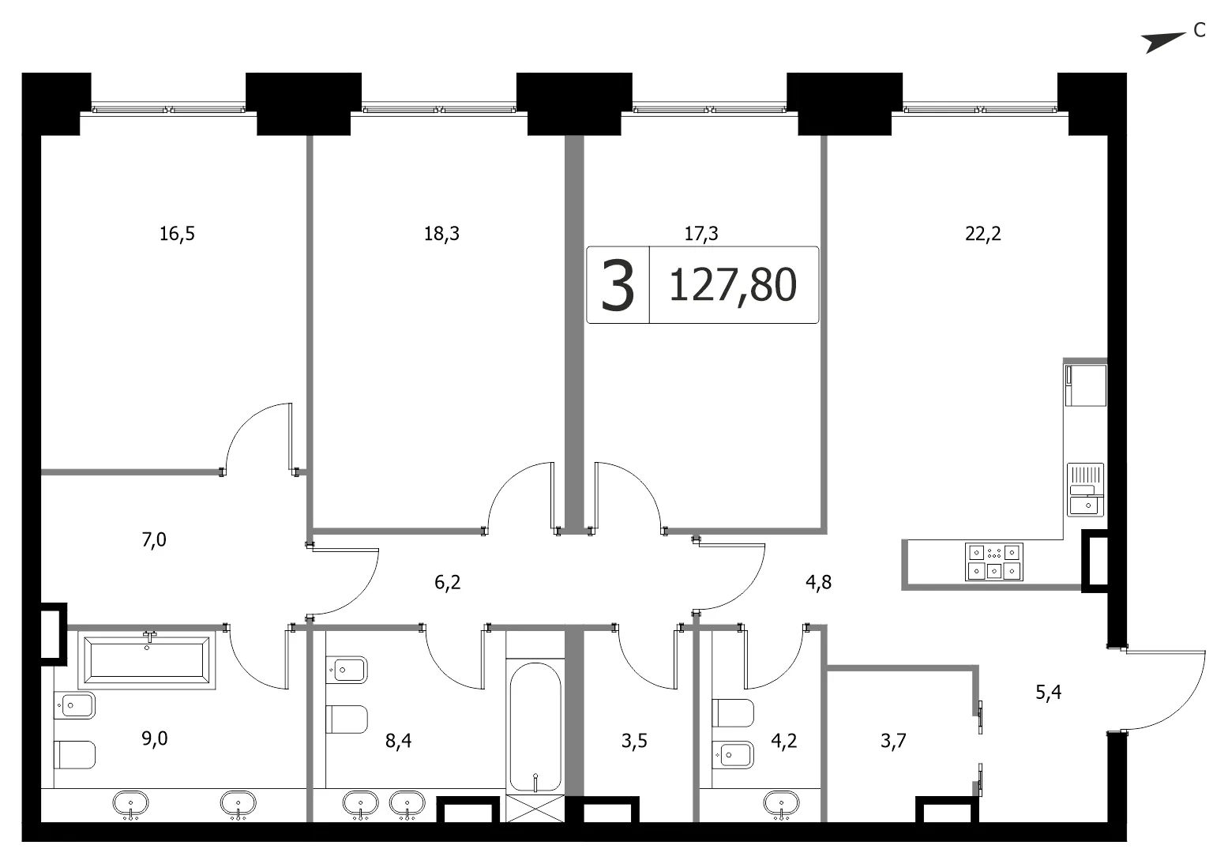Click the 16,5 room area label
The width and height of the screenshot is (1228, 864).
click(177, 234)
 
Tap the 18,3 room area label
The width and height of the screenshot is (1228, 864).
click(442, 234)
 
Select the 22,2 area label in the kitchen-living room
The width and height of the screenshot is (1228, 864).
click(983, 234)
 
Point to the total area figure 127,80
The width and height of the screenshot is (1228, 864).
click(733, 285)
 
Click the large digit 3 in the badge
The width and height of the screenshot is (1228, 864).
click(618, 286)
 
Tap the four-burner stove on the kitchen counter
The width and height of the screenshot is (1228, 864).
click(994, 562)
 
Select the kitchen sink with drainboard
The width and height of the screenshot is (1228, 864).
click(1086, 490)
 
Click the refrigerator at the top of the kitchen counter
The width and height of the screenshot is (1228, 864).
click(1086, 385)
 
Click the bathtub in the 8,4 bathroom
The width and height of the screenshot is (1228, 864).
click(535, 727)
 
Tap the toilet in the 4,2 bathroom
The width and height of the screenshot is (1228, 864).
click(733, 712)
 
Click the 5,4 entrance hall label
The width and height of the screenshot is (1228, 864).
click(1048, 693)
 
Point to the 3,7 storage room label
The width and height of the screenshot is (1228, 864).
click(893, 741)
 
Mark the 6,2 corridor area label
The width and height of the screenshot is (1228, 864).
click(447, 582)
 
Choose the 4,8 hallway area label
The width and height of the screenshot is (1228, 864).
click(818, 582)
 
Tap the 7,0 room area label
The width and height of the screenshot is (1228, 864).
click(154, 540)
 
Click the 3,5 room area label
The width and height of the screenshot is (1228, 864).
click(634, 741)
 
